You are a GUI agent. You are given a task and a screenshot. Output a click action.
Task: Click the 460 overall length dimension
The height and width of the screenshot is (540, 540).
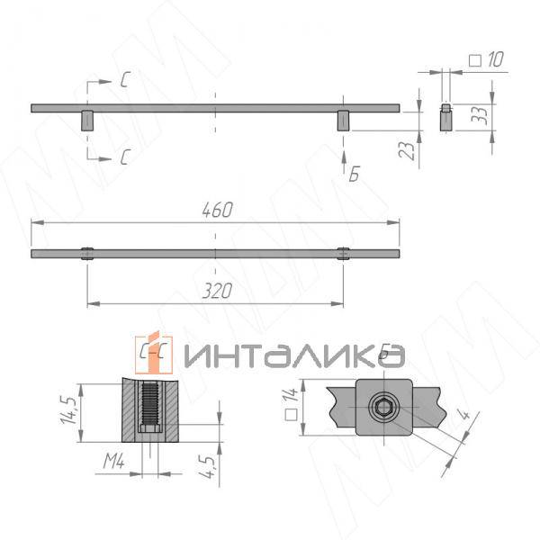[x=216, y=210]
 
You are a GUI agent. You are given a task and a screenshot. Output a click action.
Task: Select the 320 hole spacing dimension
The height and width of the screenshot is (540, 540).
[x=216, y=291]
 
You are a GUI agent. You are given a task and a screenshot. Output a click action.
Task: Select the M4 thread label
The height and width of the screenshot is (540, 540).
[x=112, y=463]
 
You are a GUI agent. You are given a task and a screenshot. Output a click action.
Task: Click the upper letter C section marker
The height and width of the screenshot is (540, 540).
[x=126, y=80]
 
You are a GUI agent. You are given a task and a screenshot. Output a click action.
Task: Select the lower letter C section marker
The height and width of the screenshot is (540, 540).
[x=126, y=157]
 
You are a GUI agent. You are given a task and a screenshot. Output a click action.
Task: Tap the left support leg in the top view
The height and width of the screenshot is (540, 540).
[x=87, y=121]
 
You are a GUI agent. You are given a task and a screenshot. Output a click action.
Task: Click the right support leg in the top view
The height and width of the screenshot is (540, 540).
[x=343, y=121]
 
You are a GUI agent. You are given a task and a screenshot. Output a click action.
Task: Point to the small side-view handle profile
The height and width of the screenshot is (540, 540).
[x=445, y=119]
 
